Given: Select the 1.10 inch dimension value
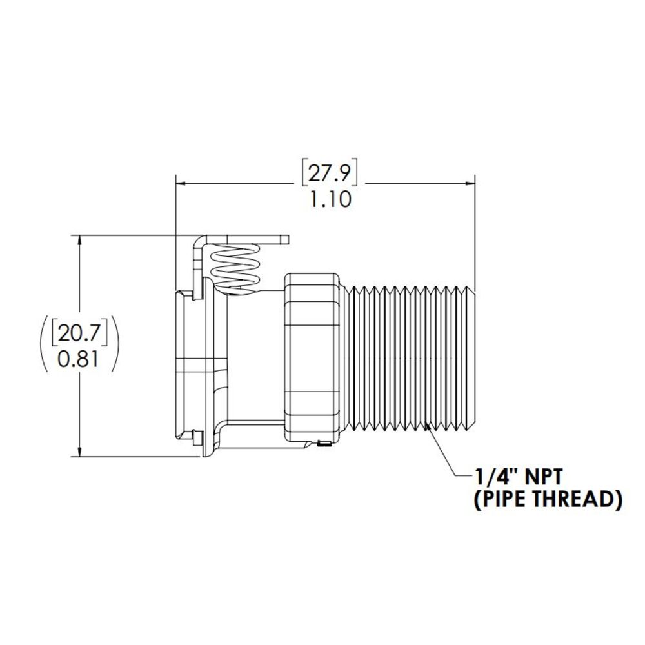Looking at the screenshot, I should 330,200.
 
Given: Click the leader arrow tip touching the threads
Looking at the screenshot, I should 428,426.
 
